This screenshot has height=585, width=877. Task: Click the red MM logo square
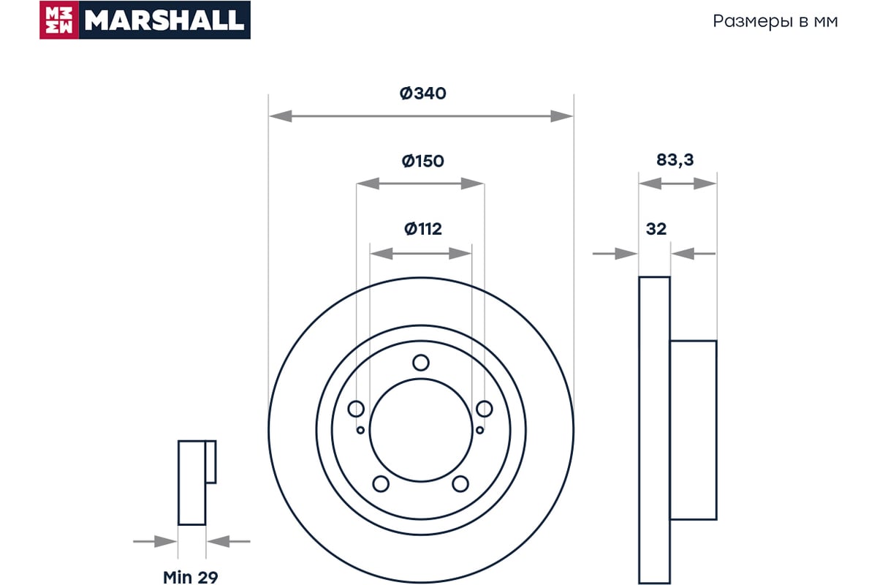click(x=59, y=20)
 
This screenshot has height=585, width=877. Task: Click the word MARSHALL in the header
click(x=164, y=20)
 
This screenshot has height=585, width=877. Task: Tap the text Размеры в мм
click(x=775, y=21)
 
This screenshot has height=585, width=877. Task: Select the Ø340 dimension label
click(x=423, y=94)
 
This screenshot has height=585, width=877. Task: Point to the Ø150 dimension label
click(x=423, y=161)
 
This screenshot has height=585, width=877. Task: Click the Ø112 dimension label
click(x=423, y=229)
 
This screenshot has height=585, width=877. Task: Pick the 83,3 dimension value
click(x=675, y=160)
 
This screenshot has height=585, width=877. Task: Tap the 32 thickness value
click(x=656, y=229)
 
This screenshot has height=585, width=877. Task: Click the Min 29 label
click(x=190, y=577)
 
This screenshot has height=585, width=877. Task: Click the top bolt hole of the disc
click(x=421, y=363)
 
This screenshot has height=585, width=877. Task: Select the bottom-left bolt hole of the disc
click(x=381, y=484)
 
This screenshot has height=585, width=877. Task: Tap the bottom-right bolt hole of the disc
click(x=460, y=484)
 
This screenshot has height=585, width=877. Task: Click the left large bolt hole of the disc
click(x=356, y=409)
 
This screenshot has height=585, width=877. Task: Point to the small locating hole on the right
click(x=479, y=430)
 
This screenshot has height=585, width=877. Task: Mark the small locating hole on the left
click(x=360, y=430)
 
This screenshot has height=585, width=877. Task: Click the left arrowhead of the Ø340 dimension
click(x=281, y=116)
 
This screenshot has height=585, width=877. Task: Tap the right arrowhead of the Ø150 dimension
click(x=472, y=184)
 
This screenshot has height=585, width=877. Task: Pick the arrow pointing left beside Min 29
click(x=229, y=542)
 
